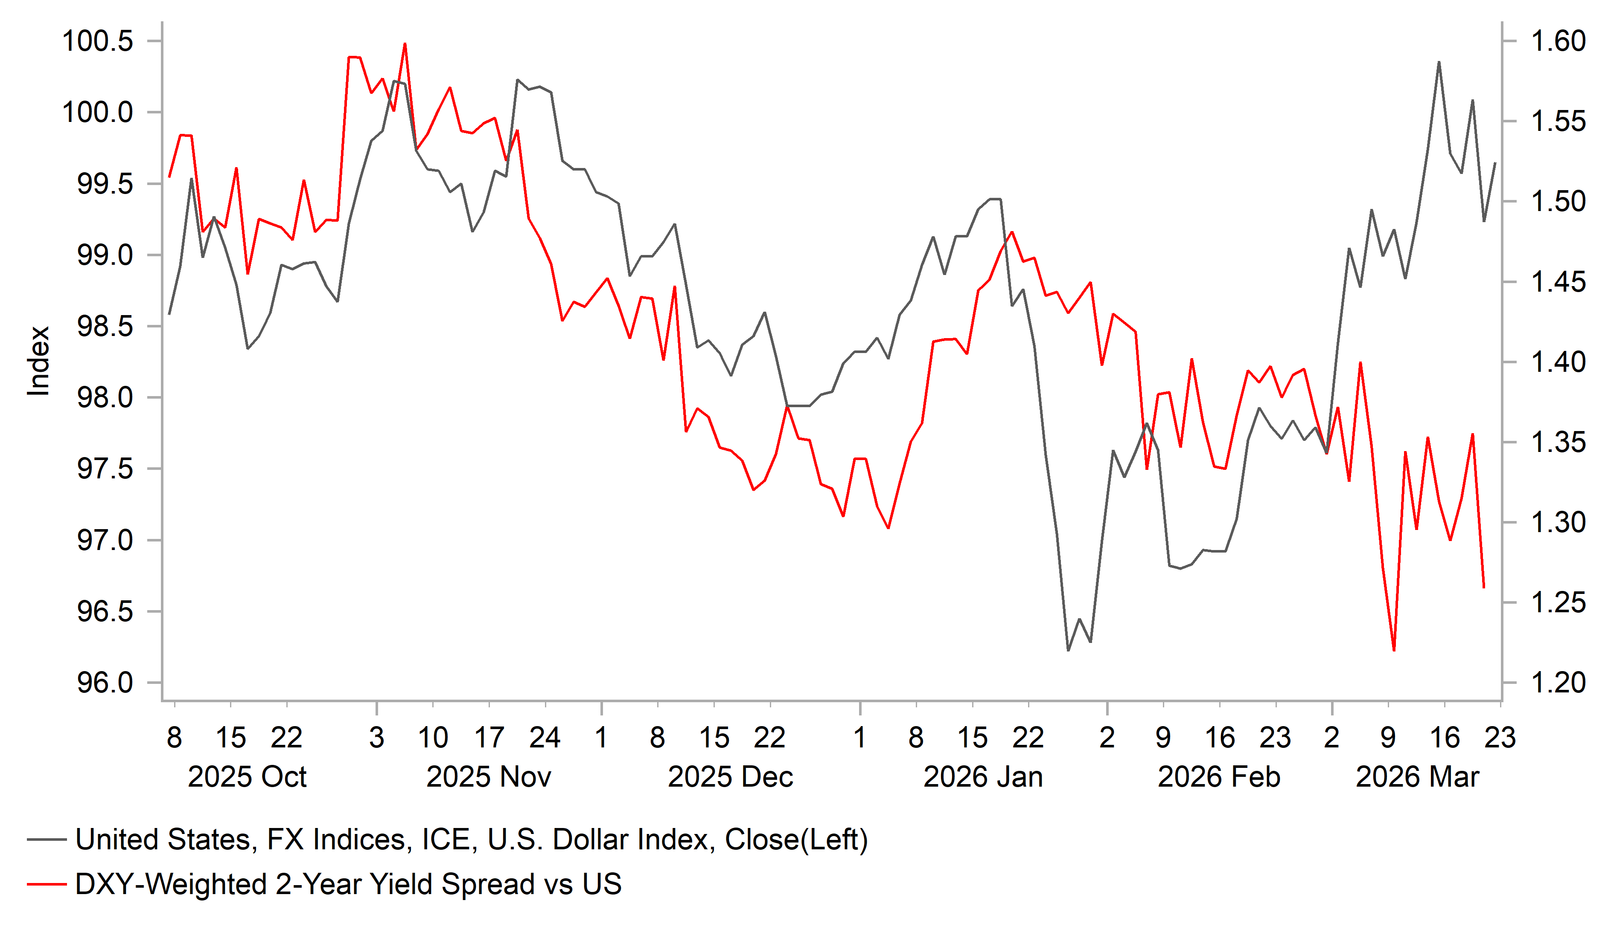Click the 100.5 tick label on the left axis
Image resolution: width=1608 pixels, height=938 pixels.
click(98, 41)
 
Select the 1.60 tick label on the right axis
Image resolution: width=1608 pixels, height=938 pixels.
click(1558, 41)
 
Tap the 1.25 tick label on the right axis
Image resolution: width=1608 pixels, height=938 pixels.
click(1558, 602)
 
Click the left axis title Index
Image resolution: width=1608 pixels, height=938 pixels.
click(38, 361)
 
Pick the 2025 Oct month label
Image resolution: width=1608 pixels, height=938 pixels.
click(247, 777)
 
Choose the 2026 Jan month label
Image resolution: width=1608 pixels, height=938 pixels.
click(983, 777)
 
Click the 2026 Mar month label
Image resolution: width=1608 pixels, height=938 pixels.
click(1417, 777)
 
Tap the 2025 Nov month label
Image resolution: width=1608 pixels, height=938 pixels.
click(488, 777)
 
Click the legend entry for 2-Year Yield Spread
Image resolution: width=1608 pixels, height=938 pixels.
click(348, 884)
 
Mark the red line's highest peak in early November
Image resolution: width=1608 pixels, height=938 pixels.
click(405, 43)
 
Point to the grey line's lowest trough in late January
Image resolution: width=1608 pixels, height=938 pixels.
click(1068, 650)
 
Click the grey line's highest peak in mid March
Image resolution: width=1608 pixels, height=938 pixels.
click(1439, 62)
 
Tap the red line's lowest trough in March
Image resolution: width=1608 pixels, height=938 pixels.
click(1394, 650)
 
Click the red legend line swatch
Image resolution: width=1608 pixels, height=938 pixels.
click(47, 884)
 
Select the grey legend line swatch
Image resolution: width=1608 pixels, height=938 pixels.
click(47, 840)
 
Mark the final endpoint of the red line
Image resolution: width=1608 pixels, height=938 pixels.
click(1483, 587)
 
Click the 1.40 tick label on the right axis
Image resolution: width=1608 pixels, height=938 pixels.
click(1558, 362)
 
